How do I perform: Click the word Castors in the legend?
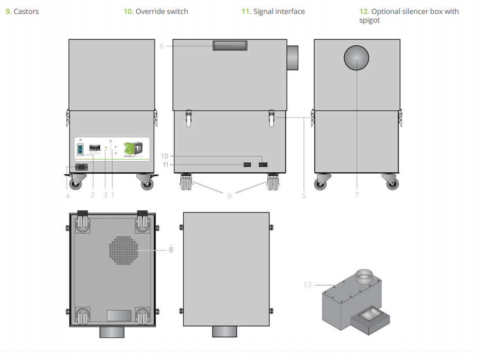tap(26, 12)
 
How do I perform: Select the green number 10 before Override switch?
tap(128, 12)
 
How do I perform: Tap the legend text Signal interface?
tap(279, 12)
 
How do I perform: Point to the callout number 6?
tap(162, 46)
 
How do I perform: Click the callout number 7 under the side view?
tap(357, 195)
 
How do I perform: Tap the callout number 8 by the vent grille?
tap(171, 250)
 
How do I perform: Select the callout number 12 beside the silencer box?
tap(308, 285)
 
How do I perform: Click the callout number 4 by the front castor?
tap(67, 196)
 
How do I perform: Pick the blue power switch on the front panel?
tap(80, 149)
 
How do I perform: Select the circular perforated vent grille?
tap(124, 250)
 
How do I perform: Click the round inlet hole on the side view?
tap(357, 58)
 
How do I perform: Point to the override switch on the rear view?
tap(263, 165)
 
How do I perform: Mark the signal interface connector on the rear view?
tap(246, 165)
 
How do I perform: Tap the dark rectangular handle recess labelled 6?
tap(230, 46)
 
